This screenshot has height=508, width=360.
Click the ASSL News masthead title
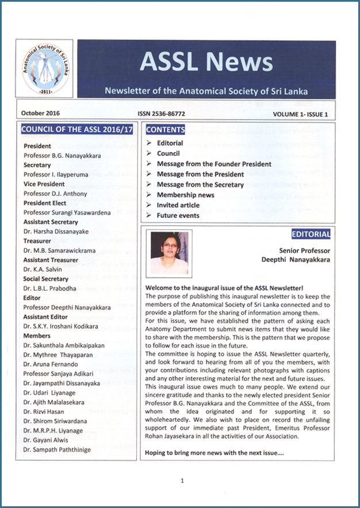pyautogui.click(x=206, y=62)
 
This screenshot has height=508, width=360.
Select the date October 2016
pyautogui.click(x=40, y=113)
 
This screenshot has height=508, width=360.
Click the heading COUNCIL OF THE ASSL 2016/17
pyautogui.click(x=77, y=129)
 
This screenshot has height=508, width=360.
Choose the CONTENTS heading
pyautogui.click(x=166, y=129)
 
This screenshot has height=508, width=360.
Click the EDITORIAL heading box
pyautogui.click(x=311, y=234)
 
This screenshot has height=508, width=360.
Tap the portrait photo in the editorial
pyautogui.click(x=170, y=253)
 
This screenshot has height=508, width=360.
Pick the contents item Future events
pyautogui.click(x=178, y=215)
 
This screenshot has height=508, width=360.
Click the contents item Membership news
pyautogui.click(x=186, y=195)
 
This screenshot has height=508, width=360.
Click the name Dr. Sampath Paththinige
pyautogui.click(x=57, y=450)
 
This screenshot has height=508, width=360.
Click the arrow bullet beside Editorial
pyautogui.click(x=150, y=143)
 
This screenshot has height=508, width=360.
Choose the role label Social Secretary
pyautogui.click(x=47, y=279)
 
